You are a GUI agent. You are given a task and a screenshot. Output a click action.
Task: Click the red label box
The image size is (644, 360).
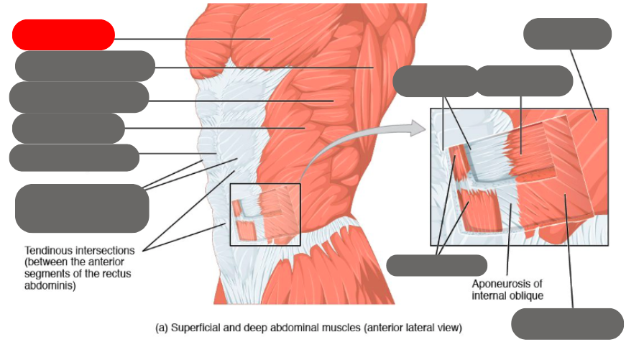(63, 34)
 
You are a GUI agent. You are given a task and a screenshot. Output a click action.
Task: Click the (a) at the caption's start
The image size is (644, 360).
(162, 328)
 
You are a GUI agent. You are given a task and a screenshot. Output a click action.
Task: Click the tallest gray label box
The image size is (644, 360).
(82, 208)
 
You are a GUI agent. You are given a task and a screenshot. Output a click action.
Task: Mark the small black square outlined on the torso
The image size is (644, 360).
(264, 213)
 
